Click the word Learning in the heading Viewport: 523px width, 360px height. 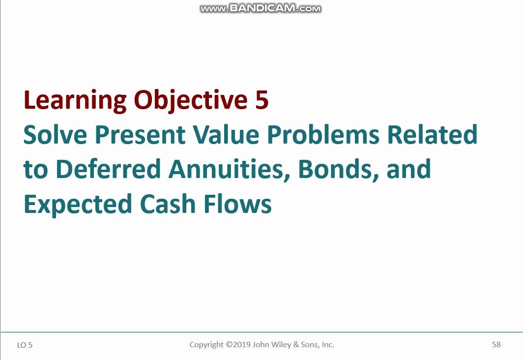click(x=75, y=101)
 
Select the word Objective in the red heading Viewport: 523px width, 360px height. click(x=191, y=101)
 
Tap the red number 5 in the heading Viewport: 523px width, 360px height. click(x=262, y=100)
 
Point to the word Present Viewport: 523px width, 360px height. click(x=140, y=135)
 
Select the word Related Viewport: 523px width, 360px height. click(x=432, y=134)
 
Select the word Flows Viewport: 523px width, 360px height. click(x=237, y=204)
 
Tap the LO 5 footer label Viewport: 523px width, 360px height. click(x=25, y=345)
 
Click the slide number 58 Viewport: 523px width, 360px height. click(x=496, y=344)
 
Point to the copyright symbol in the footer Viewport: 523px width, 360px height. click(x=229, y=344)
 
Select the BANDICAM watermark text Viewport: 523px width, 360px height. click(x=261, y=8)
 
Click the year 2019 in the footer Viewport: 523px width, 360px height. click(x=242, y=344)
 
